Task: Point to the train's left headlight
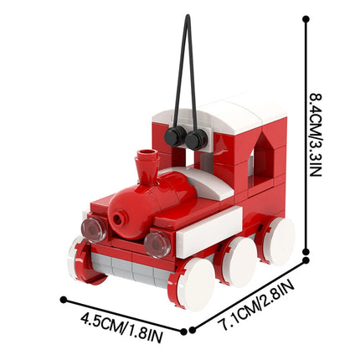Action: [92, 229]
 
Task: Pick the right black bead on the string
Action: [198, 138]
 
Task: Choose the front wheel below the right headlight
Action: [195, 283]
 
